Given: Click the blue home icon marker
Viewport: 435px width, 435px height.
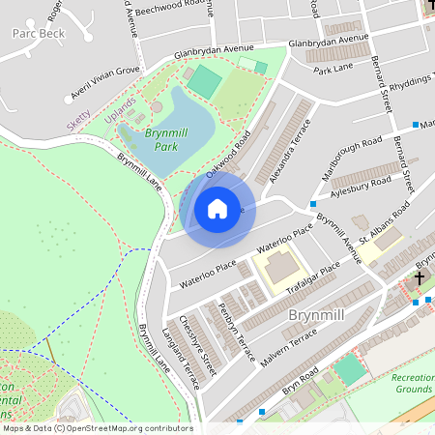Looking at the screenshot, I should click(x=217, y=209).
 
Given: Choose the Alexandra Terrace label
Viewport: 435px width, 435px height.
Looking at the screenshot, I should click(x=291, y=151).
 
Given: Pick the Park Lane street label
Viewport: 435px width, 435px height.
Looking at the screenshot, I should click(x=333, y=69).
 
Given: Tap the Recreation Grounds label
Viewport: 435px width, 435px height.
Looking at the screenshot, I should click(x=413, y=384).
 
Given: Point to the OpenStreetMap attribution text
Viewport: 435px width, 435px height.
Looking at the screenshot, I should click(x=98, y=427).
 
